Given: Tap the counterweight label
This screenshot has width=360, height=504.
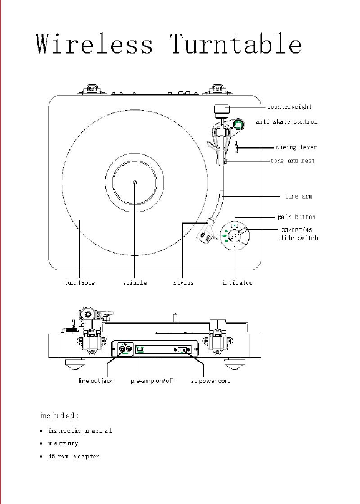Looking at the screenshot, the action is tap(289, 107).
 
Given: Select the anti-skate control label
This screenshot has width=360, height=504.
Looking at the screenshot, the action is tap(286, 122).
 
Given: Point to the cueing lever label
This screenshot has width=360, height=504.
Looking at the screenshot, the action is tap(296, 147).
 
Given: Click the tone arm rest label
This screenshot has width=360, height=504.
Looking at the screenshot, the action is tap(293, 161).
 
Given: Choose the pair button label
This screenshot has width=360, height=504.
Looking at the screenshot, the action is tap(296, 217).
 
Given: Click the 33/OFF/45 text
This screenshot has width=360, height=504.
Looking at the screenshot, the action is tap(297, 230).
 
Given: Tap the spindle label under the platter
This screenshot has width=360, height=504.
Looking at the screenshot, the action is tap(135, 282).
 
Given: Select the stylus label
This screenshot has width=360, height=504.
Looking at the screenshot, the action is tap(183, 282).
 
